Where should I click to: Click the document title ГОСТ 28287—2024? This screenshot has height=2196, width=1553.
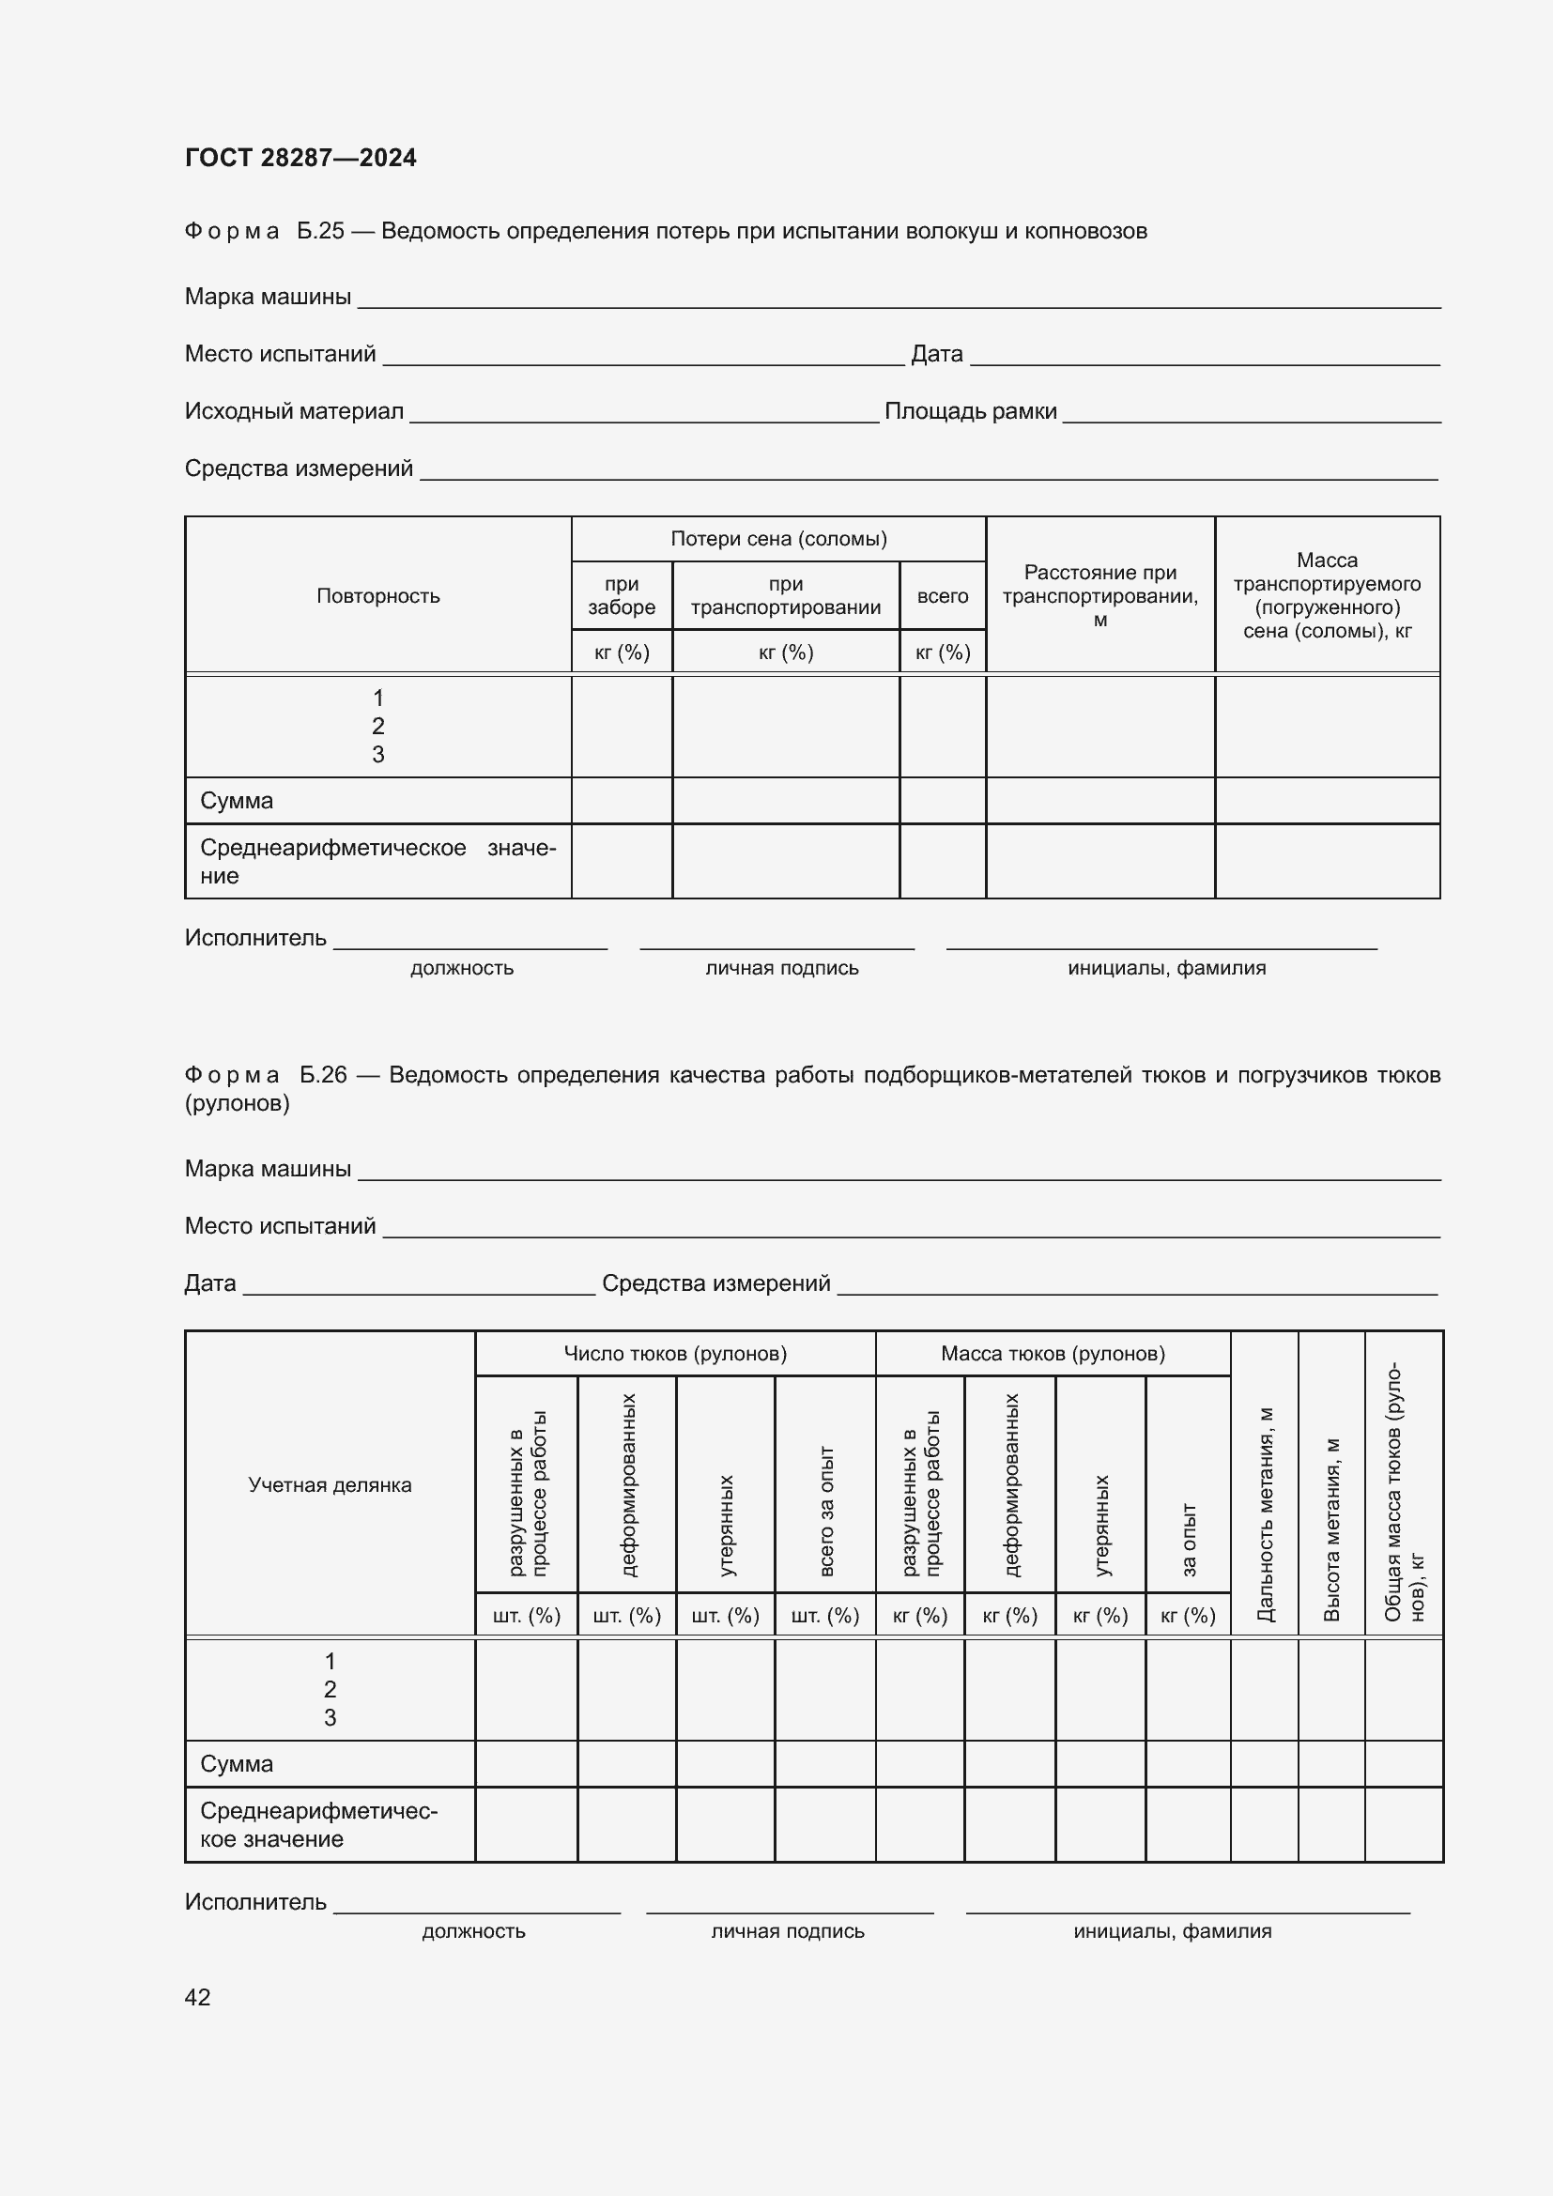coord(300,158)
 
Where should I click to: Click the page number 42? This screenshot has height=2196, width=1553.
coord(197,1996)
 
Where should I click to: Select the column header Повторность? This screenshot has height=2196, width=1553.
coord(377,596)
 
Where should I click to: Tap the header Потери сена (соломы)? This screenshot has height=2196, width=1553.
coord(778,539)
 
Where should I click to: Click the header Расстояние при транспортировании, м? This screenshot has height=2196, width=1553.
coord(1099,596)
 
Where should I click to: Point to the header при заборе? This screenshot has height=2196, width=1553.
coord(622,595)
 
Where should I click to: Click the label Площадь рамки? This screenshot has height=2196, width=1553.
coord(970,411)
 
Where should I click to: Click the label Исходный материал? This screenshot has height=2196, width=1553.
coord(294,411)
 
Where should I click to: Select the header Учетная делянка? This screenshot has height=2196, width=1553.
coord(330,1484)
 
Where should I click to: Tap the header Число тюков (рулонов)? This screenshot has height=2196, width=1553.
coord(675,1354)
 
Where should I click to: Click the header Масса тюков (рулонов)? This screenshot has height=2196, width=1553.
coord(1052,1354)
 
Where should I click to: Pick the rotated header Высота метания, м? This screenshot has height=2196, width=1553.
coord(1331,1528)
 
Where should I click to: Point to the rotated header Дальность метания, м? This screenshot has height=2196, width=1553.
coord(1264,1513)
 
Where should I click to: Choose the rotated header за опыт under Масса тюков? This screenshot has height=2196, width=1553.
coord(1189,1539)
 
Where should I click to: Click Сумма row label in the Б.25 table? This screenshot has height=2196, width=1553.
coord(237,801)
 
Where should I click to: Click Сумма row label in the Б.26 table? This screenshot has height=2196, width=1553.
coord(237,1764)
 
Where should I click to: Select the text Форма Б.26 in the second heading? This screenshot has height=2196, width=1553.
coord(265,1075)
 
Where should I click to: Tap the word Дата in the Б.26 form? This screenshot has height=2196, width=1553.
coord(209,1283)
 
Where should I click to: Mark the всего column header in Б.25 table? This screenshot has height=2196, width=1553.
coord(942,596)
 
